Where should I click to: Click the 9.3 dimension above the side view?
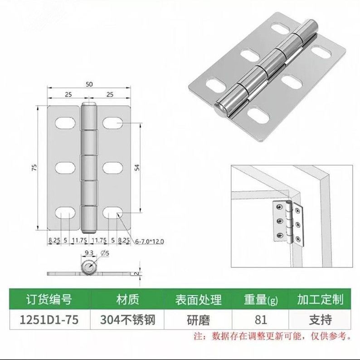click(89, 253)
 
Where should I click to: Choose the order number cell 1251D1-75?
click(47, 320)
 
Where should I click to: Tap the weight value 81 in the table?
click(261, 320)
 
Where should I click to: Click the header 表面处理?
click(198, 299)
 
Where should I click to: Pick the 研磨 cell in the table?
click(198, 320)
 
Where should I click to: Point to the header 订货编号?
click(47, 299)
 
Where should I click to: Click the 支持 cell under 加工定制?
click(321, 320)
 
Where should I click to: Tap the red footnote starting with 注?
click(272, 336)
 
